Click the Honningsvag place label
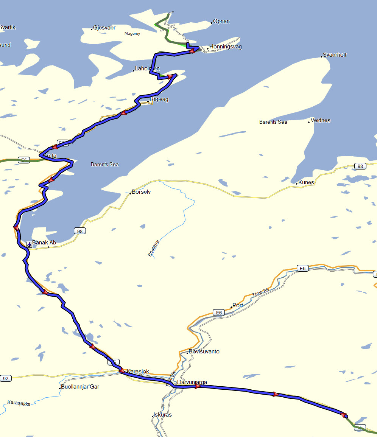click(x=225, y=47)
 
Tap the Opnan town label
click(x=221, y=22)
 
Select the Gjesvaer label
click(x=104, y=28)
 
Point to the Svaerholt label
click(x=335, y=55)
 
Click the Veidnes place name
click(x=320, y=120)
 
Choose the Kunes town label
click(x=306, y=182)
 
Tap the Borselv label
click(x=141, y=192)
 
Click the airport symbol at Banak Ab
click(x=29, y=244)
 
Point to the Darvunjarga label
click(x=192, y=383)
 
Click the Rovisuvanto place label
click(x=204, y=351)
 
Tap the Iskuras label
click(x=162, y=415)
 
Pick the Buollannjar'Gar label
click(x=80, y=387)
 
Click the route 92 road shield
click(x=5, y=378)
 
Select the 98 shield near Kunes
click(x=360, y=166)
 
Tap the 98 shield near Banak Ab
click(x=79, y=231)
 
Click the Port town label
click(x=238, y=305)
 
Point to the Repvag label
click(x=159, y=100)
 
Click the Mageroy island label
click(x=132, y=34)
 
